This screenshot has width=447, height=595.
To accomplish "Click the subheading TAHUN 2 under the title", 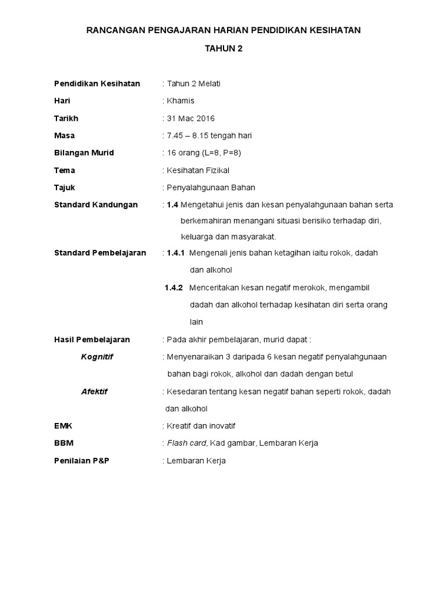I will coord(223,49).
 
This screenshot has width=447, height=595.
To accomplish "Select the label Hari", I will coord(62,101).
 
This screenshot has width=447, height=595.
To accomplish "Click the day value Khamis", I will coord(180,101).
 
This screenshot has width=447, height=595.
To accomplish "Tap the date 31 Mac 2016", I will coord(191,119).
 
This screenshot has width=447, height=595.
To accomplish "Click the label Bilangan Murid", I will coord(84,153).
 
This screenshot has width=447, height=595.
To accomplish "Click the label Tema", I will coord(65,171).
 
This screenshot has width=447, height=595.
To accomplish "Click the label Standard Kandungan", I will coord(95,205).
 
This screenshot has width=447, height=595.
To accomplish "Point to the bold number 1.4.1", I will coord(175,253).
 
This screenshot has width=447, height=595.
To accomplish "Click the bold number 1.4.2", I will coord(173,288).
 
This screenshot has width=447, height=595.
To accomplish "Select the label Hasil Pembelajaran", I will coord(92,340).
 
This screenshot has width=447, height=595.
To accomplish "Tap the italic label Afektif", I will coord(94,392).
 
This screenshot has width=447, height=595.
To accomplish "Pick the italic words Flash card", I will coord(186,443).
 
